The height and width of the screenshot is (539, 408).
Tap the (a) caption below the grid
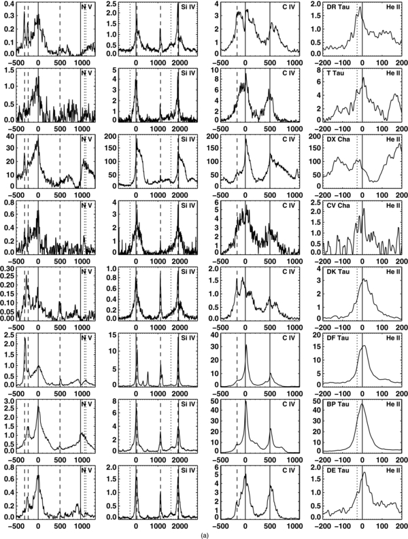(203, 534)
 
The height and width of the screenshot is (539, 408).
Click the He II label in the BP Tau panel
(394, 404)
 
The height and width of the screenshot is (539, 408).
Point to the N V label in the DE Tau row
(86, 470)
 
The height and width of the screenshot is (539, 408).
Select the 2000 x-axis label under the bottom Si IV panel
(179, 526)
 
